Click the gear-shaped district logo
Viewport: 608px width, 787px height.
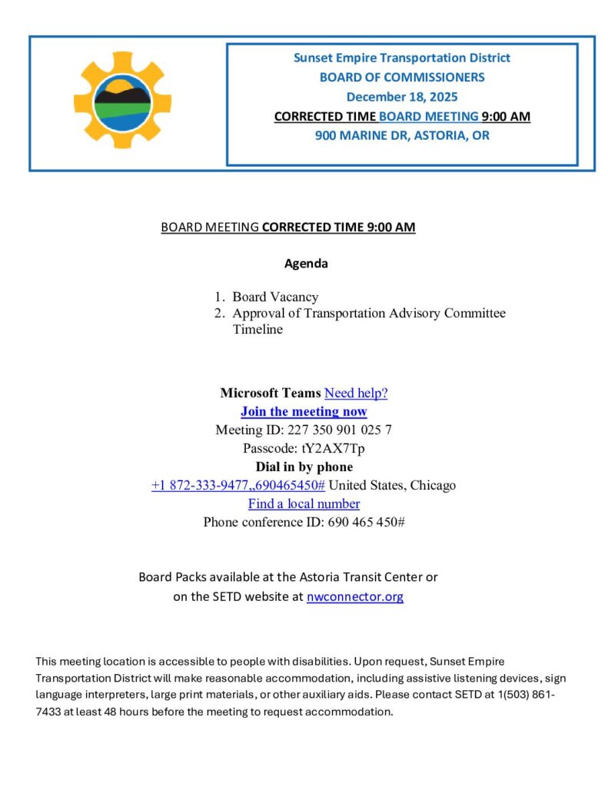tap(122, 100)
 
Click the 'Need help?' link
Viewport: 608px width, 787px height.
tap(356, 393)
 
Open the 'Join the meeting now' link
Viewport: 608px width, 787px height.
tap(304, 411)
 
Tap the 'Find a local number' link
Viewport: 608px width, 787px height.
tap(304, 503)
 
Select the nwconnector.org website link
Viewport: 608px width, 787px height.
tap(354, 596)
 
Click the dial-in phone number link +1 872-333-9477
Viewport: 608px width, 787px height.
tap(238, 485)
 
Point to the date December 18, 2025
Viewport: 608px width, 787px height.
tap(401, 97)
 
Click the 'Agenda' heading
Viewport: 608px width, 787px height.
tap(306, 263)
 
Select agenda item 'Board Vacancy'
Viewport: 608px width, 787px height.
tap(275, 297)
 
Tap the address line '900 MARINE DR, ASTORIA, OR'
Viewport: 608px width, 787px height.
tap(401, 135)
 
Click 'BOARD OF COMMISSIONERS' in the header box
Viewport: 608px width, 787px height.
tap(401, 77)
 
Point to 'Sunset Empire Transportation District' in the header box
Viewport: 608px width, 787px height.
tap(401, 58)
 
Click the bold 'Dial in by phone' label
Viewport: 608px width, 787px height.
tap(304, 467)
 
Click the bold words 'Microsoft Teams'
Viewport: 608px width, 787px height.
tap(270, 393)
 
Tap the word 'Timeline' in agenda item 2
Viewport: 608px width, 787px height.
tap(257, 329)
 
